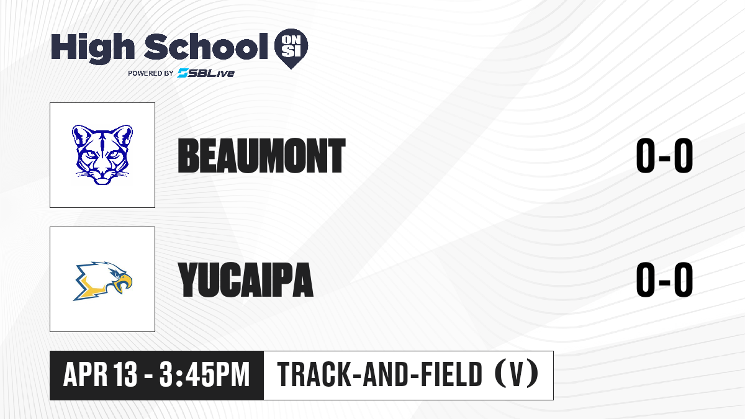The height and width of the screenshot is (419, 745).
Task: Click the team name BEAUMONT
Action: [x=262, y=156]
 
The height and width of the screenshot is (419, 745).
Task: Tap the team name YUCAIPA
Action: [x=245, y=279]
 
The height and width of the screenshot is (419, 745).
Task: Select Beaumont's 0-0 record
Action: [x=664, y=156]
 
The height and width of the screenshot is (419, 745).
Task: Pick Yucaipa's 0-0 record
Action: [x=664, y=279]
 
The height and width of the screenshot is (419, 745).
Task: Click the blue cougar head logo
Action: [x=102, y=155]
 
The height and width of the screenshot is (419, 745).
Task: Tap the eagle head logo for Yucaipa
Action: [x=102, y=281]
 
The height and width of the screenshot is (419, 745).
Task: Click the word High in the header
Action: [x=93, y=48]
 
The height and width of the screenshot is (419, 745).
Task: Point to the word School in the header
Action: [x=206, y=47]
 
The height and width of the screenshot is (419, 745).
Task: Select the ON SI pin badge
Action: [x=291, y=48]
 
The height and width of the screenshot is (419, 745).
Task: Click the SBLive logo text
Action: [x=206, y=73]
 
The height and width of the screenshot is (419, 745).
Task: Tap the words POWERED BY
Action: [x=151, y=73]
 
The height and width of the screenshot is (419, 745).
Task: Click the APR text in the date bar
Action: [x=86, y=374]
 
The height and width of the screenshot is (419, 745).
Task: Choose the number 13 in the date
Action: [x=125, y=374]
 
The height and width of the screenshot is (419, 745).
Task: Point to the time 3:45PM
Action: [x=204, y=374]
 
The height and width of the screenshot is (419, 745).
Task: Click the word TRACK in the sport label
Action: [x=314, y=374]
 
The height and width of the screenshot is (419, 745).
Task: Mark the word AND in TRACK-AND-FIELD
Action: [x=386, y=374]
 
